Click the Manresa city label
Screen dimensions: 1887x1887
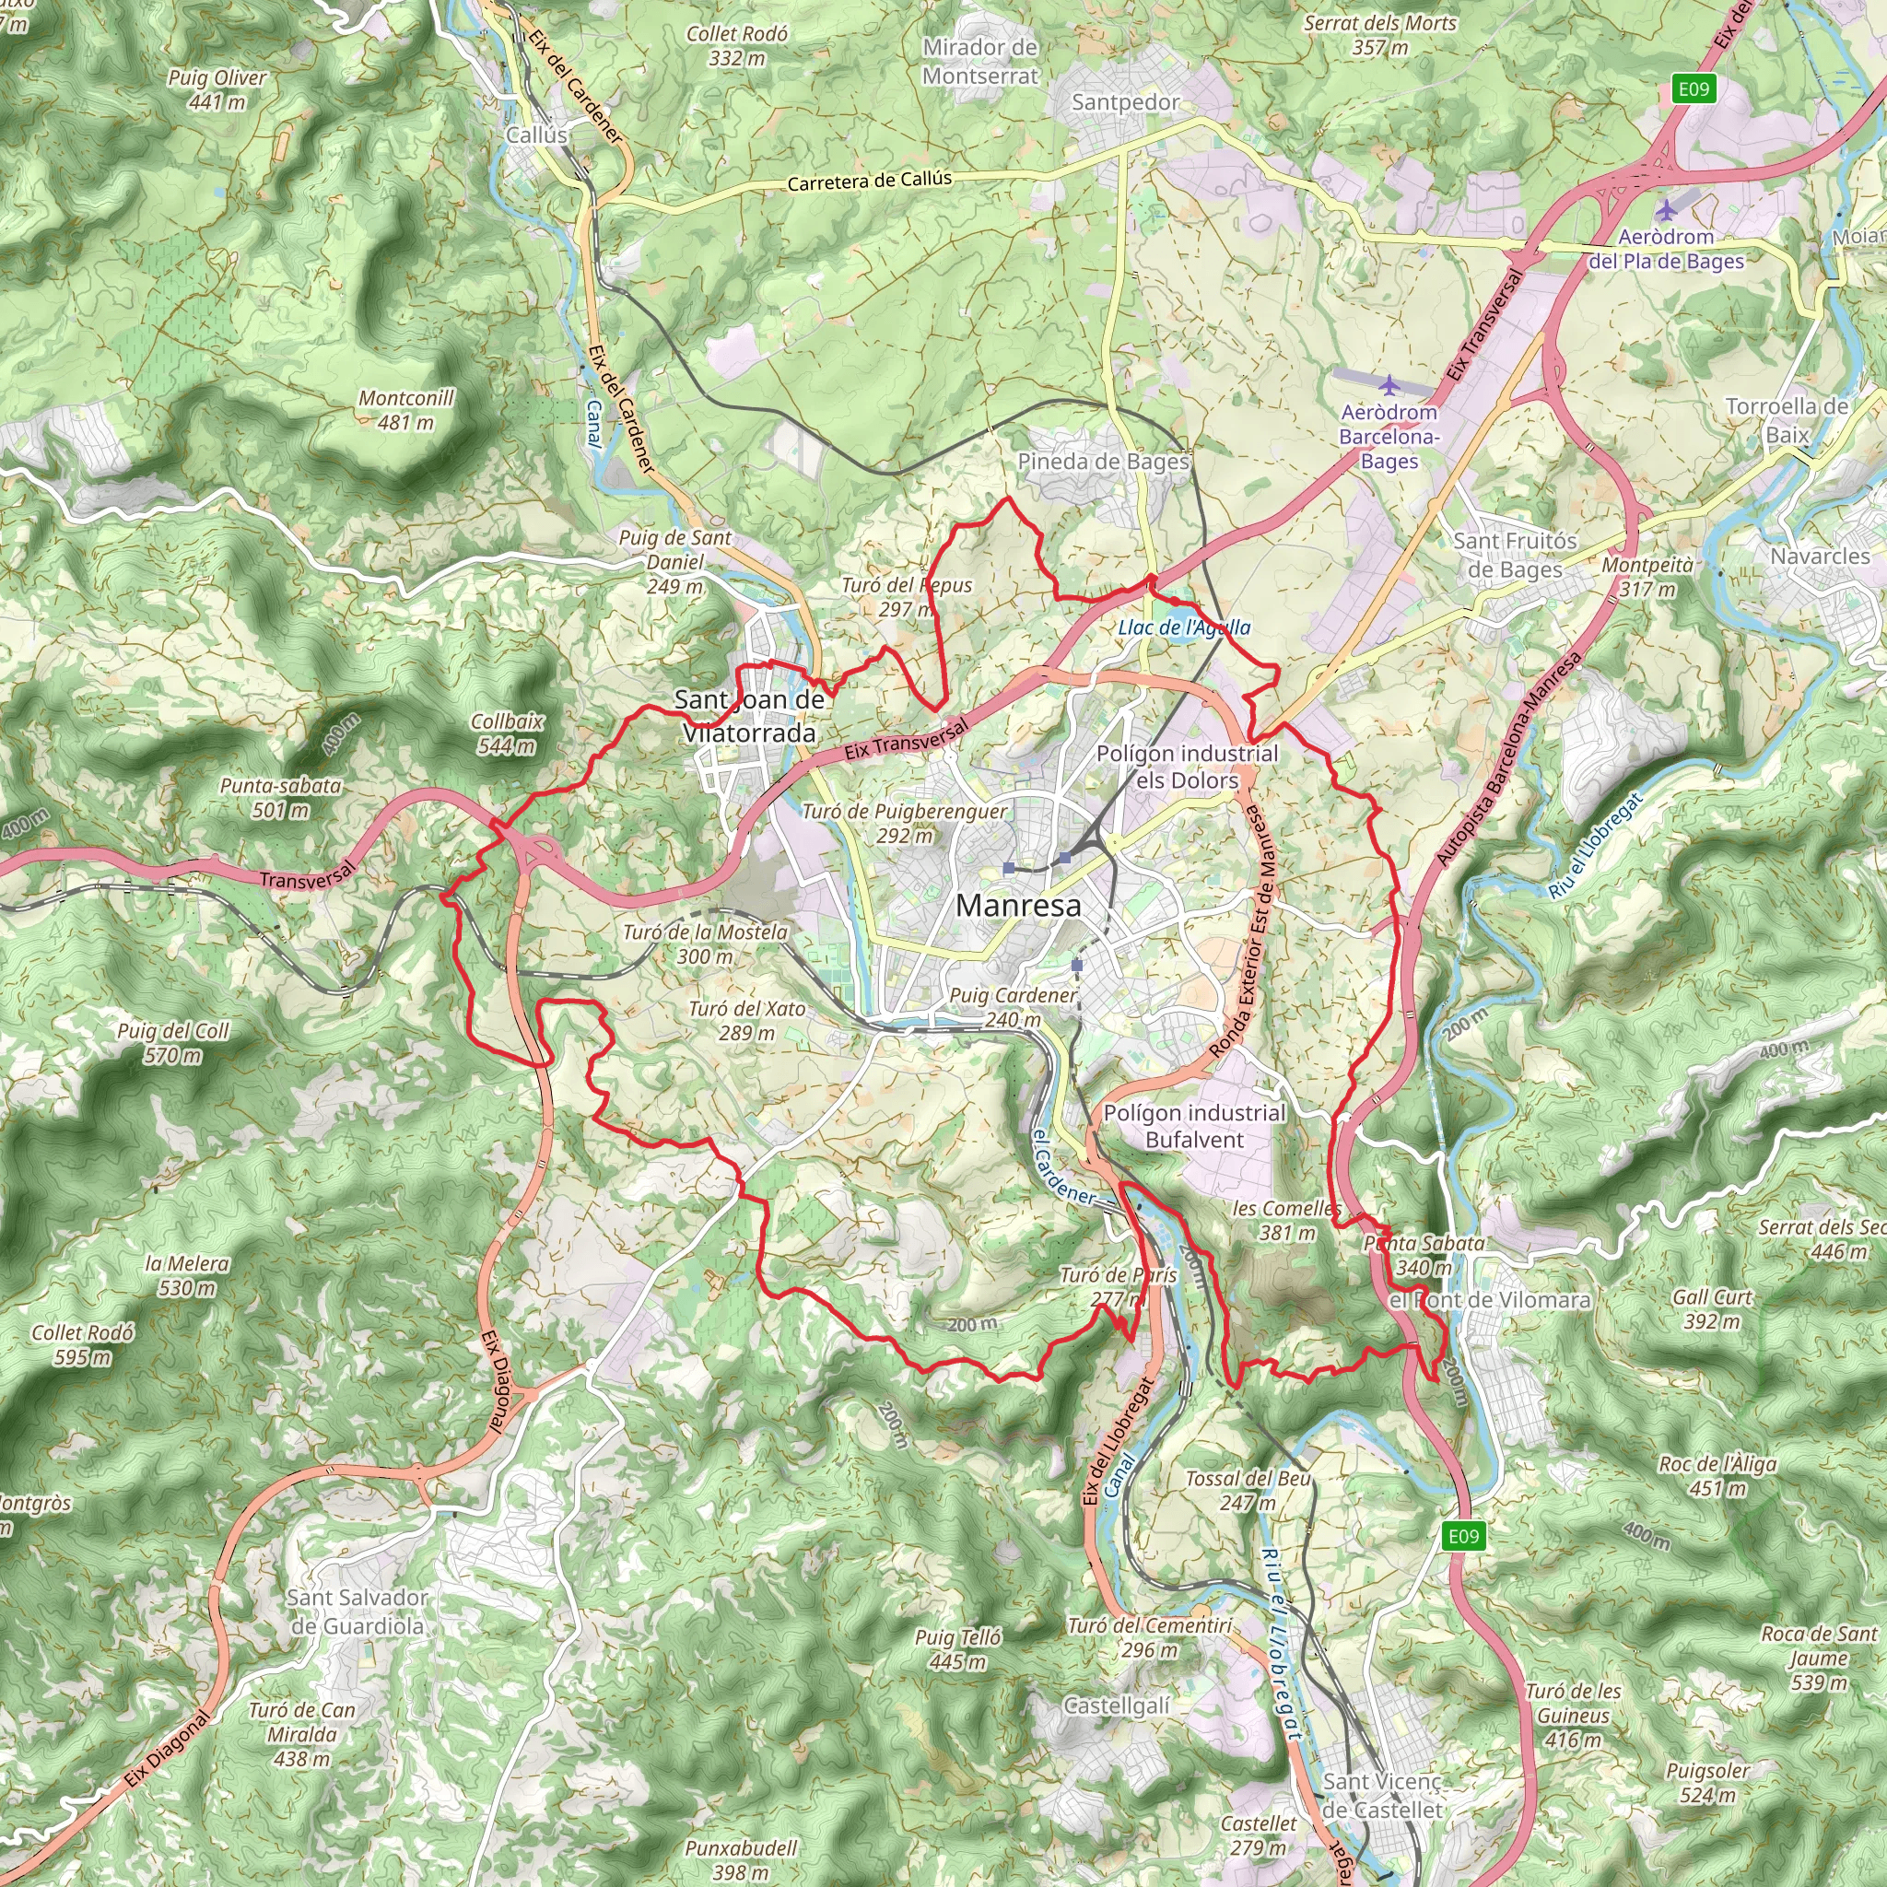pyautogui.click(x=1018, y=906)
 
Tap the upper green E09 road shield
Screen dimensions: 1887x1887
pyautogui.click(x=1694, y=88)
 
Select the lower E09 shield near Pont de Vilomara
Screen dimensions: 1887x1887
pyautogui.click(x=1463, y=1536)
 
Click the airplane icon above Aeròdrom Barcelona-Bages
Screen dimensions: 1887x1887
pyautogui.click(x=1388, y=383)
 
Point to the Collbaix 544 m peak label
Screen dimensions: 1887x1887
pyautogui.click(x=506, y=733)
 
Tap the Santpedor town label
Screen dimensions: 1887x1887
pyautogui.click(x=1125, y=101)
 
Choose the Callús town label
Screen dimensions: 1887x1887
pyautogui.click(x=536, y=135)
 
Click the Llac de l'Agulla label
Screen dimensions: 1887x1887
pyautogui.click(x=1184, y=627)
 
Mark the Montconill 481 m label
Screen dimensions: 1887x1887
pyautogui.click(x=406, y=410)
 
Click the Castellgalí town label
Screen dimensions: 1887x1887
pyautogui.click(x=1117, y=1705)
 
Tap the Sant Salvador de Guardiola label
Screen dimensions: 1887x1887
pyautogui.click(x=357, y=1612)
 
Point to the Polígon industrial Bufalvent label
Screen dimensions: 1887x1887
pyautogui.click(x=1193, y=1126)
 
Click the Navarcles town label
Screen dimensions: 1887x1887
pyautogui.click(x=1821, y=556)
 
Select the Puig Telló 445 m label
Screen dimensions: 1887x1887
pyautogui.click(x=958, y=1648)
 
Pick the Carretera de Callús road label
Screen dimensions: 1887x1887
pyautogui.click(x=869, y=181)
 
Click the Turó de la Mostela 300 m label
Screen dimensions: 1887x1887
pyautogui.click(x=705, y=943)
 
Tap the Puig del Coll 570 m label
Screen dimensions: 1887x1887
pyautogui.click(x=173, y=1042)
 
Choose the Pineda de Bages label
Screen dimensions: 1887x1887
pyautogui.click(x=1104, y=461)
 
